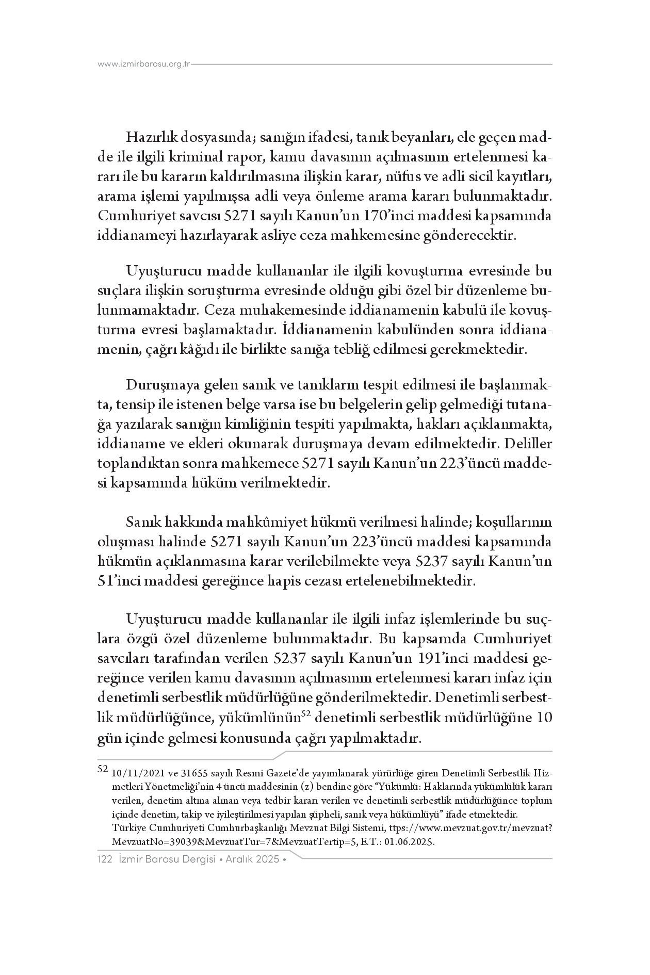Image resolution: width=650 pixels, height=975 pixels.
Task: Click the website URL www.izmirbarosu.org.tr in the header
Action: [144, 64]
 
